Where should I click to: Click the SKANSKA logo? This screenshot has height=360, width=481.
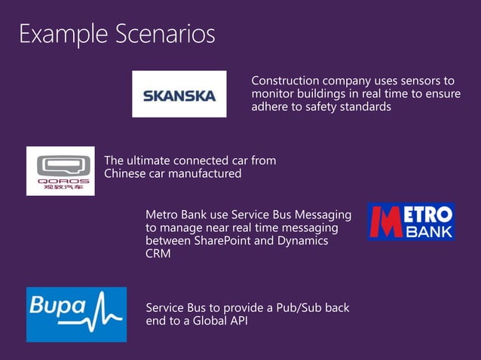179,94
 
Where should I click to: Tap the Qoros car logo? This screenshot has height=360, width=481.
60,171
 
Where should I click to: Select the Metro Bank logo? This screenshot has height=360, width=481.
411,221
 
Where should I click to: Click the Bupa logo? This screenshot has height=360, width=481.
76,314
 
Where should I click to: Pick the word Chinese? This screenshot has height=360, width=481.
125,174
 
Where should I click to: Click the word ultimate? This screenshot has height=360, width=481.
149,160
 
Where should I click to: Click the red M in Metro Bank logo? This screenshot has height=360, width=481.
387,221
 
